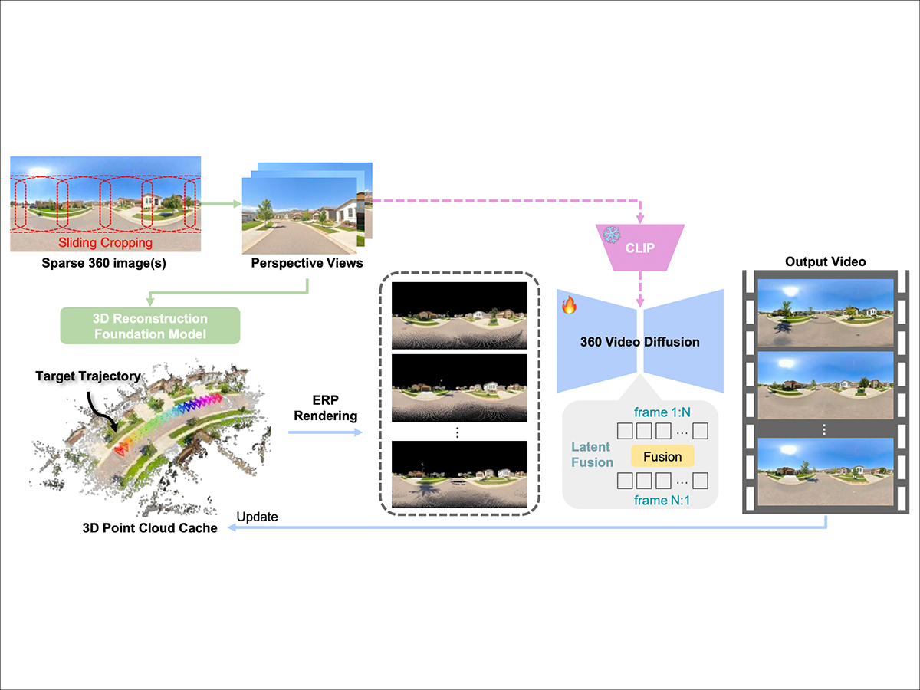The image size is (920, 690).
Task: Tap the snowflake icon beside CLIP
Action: click(x=612, y=235)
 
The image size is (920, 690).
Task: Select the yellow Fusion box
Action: click(x=662, y=457)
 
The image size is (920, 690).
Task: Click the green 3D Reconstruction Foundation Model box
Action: click(x=150, y=325)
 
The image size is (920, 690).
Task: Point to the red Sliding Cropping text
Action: click(x=106, y=243)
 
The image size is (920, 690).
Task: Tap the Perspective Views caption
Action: click(x=307, y=264)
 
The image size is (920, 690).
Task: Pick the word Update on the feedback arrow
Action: click(x=257, y=517)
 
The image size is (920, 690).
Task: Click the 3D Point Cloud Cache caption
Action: click(x=149, y=527)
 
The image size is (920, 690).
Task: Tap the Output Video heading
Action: click(x=825, y=262)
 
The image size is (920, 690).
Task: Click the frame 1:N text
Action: click(x=662, y=412)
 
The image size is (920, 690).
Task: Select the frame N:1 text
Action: click(x=662, y=501)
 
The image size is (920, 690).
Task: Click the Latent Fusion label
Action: click(x=592, y=455)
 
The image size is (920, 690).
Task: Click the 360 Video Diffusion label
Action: click(x=639, y=342)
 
